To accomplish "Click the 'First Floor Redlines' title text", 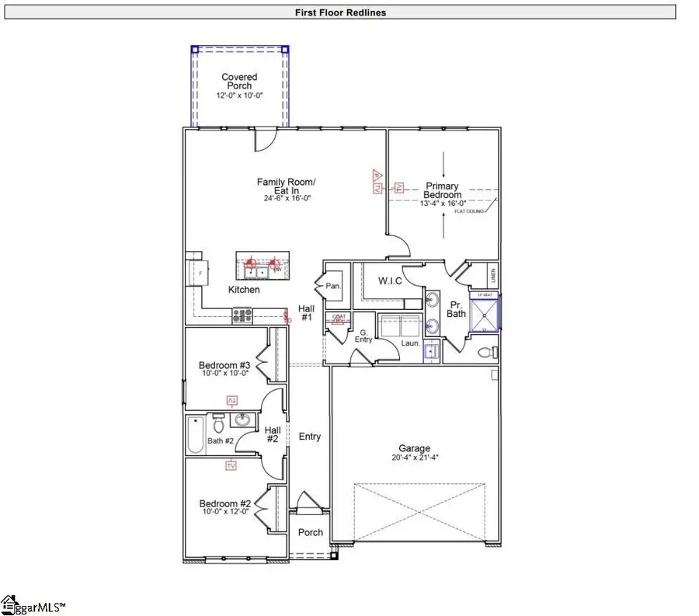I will point(341,12).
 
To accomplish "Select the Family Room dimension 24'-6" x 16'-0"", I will point(287,197).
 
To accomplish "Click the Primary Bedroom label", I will point(442,191).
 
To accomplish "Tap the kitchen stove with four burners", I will point(242,315).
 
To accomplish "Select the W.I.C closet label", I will point(390,281).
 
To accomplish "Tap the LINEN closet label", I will point(492,276).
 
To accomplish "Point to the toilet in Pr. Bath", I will point(486,352).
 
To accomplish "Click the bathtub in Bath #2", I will point(195,435).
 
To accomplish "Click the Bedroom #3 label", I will point(224,365).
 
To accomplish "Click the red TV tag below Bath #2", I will point(231,465).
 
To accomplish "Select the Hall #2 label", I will point(272,435).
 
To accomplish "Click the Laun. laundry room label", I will point(410,342).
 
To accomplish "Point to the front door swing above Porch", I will point(308,501).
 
